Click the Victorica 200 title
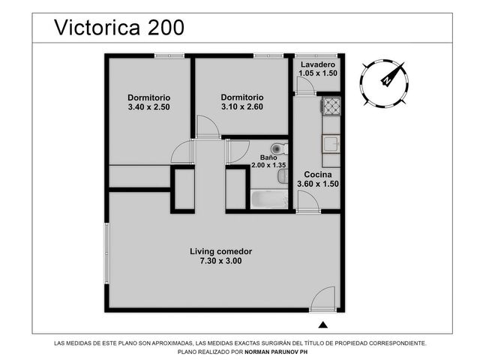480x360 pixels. [x=119, y=27]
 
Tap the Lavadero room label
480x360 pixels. [x=318, y=64]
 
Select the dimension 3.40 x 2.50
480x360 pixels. [x=148, y=107]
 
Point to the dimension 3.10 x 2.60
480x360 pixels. [x=242, y=106]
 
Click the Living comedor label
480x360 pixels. [x=220, y=252]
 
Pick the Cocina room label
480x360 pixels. [x=318, y=175]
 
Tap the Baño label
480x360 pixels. [x=268, y=157]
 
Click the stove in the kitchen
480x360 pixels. [x=331, y=106]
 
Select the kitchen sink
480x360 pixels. [x=331, y=144]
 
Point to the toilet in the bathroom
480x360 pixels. [x=280, y=149]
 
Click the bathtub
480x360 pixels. [x=269, y=199]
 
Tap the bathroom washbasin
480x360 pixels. [x=283, y=177]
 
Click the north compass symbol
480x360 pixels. [x=384, y=83]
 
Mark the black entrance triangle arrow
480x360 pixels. [x=323, y=325]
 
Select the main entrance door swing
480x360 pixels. [x=322, y=298]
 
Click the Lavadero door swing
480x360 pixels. [x=306, y=85]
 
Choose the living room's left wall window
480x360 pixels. [x=106, y=253]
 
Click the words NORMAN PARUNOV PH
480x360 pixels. [x=276, y=352]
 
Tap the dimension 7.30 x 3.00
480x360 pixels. [x=220, y=261]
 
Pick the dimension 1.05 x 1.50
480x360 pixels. [x=318, y=73]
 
